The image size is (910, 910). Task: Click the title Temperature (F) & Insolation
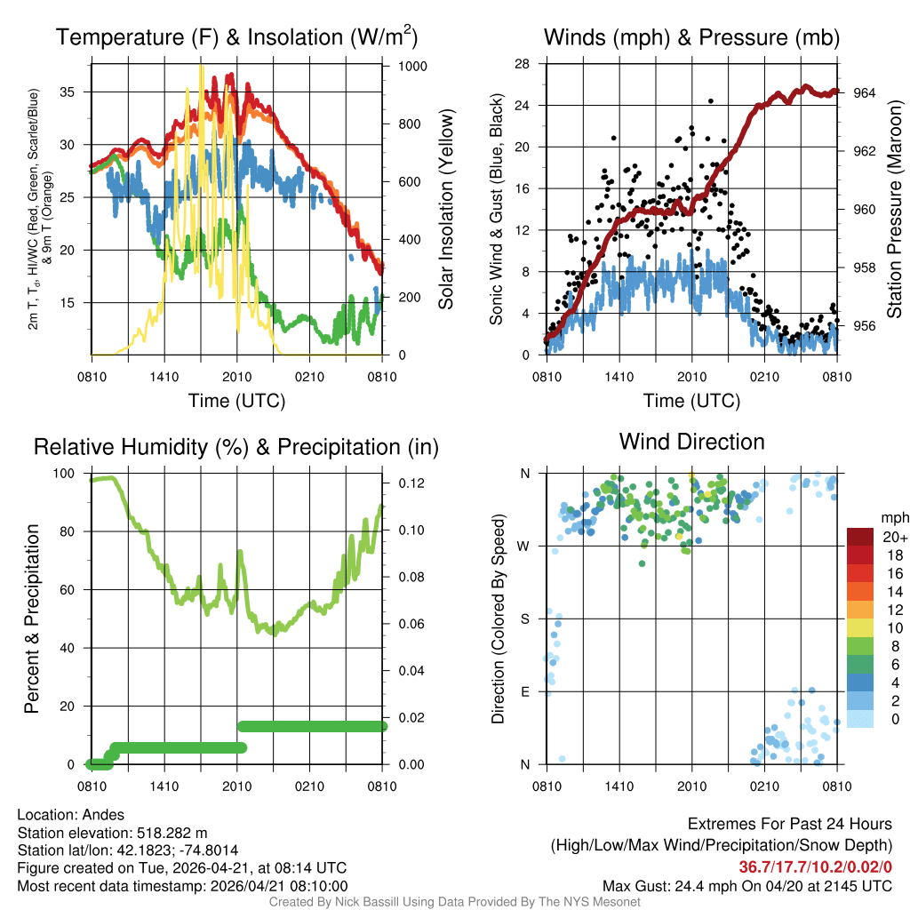click(236, 38)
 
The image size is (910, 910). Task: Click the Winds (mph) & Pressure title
click(691, 38)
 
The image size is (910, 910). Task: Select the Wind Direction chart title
click(691, 442)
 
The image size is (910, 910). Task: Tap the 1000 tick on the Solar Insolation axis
click(413, 67)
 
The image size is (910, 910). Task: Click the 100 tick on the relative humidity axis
click(68, 473)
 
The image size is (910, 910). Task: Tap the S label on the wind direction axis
click(525, 619)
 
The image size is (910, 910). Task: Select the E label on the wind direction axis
click(525, 691)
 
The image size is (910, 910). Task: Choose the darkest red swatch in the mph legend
click(861, 537)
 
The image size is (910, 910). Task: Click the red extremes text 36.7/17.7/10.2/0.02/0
click(815, 866)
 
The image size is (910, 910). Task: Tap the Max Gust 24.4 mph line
click(746, 885)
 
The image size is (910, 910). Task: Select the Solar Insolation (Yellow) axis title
click(445, 210)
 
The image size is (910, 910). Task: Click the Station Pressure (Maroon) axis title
click(895, 210)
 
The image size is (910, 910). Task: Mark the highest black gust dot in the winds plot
click(711, 101)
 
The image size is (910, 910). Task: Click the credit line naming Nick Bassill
click(454, 902)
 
